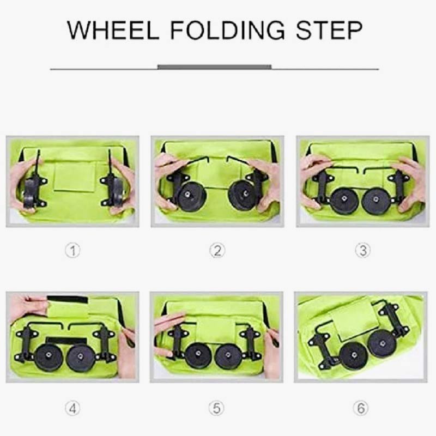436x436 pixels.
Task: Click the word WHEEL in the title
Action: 113,30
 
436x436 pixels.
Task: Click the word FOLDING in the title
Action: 228,30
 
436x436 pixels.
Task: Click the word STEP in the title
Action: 329,30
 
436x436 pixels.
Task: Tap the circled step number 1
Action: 73,251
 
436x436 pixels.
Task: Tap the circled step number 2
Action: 217,251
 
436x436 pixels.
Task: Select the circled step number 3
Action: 363,250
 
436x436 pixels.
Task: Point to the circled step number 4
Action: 72,408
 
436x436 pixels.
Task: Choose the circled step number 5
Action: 216,408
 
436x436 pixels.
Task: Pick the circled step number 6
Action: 361,408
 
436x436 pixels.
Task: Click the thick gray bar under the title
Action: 214,67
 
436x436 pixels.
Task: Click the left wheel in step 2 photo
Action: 192,196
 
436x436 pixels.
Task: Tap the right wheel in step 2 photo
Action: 242,195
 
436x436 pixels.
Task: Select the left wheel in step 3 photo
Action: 344,201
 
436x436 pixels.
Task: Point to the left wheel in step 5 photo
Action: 197,355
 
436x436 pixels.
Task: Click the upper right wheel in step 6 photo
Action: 382,344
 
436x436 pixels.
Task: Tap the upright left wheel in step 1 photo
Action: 31,193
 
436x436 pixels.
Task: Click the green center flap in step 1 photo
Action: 75,177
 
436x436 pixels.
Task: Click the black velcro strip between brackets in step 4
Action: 66,341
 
